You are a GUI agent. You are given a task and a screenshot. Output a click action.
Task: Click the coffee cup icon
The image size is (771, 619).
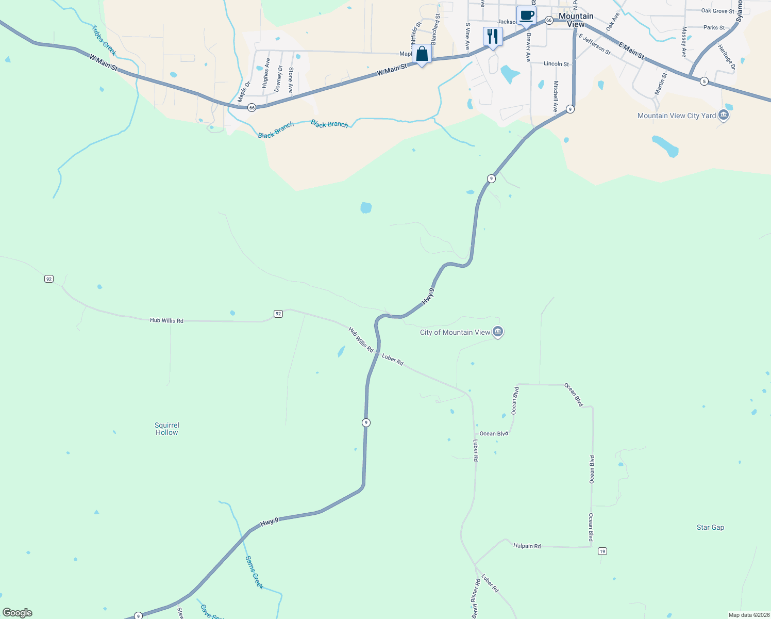[x=526, y=15]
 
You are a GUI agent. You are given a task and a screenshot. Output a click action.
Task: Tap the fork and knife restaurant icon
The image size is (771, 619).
[x=493, y=37]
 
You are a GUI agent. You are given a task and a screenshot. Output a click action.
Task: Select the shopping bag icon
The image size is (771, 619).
[x=422, y=54]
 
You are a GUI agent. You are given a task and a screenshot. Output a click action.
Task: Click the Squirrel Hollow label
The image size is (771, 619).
[x=167, y=429]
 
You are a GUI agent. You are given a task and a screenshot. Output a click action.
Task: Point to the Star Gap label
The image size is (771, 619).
[x=710, y=527]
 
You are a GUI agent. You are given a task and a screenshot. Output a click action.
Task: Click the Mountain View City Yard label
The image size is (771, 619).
[x=676, y=116]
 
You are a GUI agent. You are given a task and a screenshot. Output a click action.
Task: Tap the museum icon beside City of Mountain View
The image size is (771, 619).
[x=497, y=332]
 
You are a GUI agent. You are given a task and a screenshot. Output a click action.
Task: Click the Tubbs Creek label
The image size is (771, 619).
[x=104, y=40]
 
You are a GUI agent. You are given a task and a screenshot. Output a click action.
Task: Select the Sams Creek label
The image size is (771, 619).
[x=254, y=572]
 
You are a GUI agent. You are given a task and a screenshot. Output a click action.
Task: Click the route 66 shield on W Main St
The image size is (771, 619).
[x=252, y=107]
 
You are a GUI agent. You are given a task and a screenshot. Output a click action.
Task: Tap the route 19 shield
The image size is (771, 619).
[x=602, y=551]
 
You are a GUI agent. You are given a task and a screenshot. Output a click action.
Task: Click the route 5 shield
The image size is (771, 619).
[x=704, y=81]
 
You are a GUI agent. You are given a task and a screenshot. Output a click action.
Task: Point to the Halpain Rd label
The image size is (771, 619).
[x=527, y=546]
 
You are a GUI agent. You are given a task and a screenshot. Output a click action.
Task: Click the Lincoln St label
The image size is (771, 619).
[x=556, y=64]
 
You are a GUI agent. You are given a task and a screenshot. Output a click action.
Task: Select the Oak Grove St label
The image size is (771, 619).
[x=717, y=11]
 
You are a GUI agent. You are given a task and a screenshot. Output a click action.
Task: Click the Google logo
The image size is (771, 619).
[x=18, y=613]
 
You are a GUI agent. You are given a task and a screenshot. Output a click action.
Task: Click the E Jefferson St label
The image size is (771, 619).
[x=594, y=45]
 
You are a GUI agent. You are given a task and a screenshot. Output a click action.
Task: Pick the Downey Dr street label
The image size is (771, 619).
[x=278, y=78]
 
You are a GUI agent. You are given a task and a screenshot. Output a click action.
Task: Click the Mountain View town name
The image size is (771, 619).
[x=576, y=20]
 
